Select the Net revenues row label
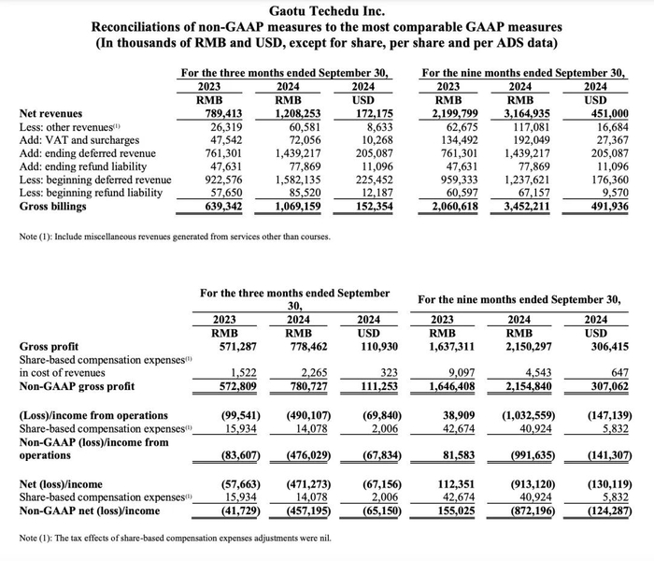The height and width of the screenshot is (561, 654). (50, 114)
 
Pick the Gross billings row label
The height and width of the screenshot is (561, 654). (55, 206)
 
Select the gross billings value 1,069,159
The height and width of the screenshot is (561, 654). (294, 206)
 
